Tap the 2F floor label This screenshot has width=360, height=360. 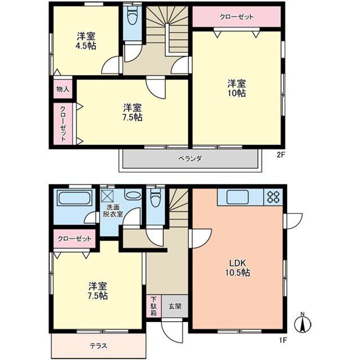tap(281, 155)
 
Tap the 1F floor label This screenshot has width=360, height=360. tap(282, 341)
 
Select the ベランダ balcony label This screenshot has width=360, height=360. tap(189, 159)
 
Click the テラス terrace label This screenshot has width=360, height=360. tap(98, 345)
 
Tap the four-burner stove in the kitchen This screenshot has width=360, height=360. tap(274, 196)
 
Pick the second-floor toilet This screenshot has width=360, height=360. tap(132, 17)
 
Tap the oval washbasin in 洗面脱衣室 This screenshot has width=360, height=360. tap(133, 195)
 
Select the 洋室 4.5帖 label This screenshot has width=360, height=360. tap(86, 40)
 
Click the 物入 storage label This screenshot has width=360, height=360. tap(62, 89)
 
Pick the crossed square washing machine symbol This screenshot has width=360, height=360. tap(107, 194)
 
